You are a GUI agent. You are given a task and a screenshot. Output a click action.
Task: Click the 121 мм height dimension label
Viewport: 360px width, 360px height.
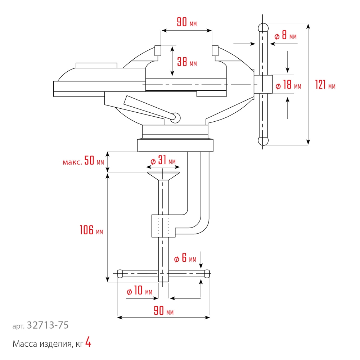click(x=325, y=85)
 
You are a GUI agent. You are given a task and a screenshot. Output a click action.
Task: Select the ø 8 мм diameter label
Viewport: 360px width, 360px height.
click(x=285, y=36)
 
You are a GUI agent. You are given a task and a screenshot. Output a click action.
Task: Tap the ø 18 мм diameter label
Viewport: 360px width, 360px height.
click(x=288, y=86)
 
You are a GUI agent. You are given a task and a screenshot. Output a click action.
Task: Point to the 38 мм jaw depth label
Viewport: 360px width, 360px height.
click(x=187, y=62)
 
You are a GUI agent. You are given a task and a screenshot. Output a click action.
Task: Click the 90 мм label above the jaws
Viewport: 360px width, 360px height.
click(x=186, y=22)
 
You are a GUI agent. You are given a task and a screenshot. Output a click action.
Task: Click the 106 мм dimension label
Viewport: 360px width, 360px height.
click(x=91, y=230)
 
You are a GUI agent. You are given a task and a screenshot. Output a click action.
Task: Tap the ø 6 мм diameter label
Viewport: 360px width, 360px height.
click(x=185, y=259)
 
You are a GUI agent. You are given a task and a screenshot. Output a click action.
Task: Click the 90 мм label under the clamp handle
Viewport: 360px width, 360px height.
click(x=163, y=311)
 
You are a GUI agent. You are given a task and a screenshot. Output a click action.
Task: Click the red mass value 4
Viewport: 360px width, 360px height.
click(x=88, y=343)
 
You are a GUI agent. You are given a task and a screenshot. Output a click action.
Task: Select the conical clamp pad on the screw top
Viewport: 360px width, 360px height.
click(x=163, y=176)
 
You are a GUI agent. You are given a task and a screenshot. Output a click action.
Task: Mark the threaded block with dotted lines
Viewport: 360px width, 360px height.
click(x=163, y=226)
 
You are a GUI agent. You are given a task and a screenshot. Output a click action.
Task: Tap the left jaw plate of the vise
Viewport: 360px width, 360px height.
click(x=158, y=51)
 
